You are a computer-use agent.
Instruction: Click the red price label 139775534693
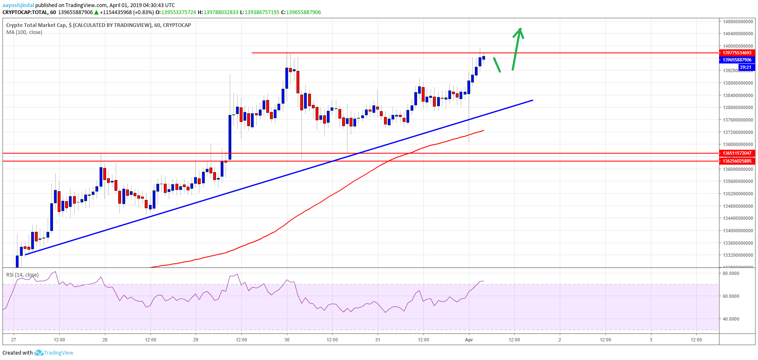point(737,53)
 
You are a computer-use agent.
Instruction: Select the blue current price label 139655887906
point(737,60)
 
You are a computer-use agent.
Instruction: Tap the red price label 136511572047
point(737,153)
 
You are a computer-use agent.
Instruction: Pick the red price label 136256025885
point(737,161)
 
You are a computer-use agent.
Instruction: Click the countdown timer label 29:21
point(745,67)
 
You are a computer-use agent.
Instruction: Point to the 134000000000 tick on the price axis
point(738,231)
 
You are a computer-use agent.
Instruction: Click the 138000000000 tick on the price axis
point(738,107)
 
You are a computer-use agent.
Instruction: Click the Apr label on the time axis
point(469,340)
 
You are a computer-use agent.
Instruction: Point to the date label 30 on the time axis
point(287,340)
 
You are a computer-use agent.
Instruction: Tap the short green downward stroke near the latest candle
point(496,65)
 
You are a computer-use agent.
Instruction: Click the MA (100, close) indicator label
point(24,32)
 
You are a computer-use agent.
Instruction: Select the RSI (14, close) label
point(22,275)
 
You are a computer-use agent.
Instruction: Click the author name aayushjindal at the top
point(18,5)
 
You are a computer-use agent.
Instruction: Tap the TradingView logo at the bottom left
point(54,353)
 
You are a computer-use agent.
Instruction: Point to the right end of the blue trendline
point(532,100)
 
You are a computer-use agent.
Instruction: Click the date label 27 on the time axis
point(14,340)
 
